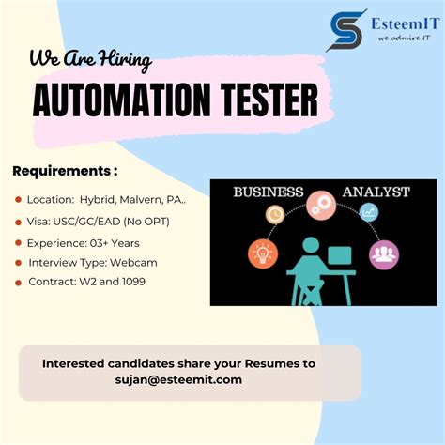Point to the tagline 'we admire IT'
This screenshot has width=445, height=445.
403,38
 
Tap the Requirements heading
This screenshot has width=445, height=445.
65,171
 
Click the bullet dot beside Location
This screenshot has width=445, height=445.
19,200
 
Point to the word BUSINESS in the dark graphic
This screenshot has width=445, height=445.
268,192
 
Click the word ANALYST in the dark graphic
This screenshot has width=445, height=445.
376,192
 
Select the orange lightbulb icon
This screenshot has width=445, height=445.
262,253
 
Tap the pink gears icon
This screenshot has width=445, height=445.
321,204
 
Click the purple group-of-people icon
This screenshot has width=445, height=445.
383,253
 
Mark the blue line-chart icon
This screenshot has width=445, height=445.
369,213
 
